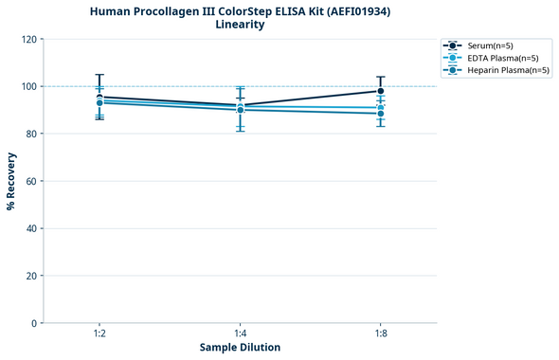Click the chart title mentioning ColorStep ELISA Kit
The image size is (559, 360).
point(240,10)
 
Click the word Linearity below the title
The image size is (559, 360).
point(240,25)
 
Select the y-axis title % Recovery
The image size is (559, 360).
point(11,181)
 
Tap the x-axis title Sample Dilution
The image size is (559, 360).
point(240,347)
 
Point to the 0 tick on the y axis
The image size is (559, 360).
point(34,323)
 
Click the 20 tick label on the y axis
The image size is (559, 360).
point(31,276)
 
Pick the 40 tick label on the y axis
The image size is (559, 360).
point(31,228)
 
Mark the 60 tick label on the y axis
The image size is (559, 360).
point(31,181)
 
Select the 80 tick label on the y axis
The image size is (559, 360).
point(31,134)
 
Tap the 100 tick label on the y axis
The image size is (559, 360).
point(28,86)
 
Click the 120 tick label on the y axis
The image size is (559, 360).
point(28,39)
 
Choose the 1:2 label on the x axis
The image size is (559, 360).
point(99,334)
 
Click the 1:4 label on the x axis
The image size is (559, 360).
point(240,334)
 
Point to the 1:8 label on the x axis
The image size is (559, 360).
point(381,334)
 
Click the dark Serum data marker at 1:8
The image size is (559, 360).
point(381,91)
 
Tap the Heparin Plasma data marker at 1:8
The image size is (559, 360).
point(381,114)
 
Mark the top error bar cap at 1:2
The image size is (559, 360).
point(99,75)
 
